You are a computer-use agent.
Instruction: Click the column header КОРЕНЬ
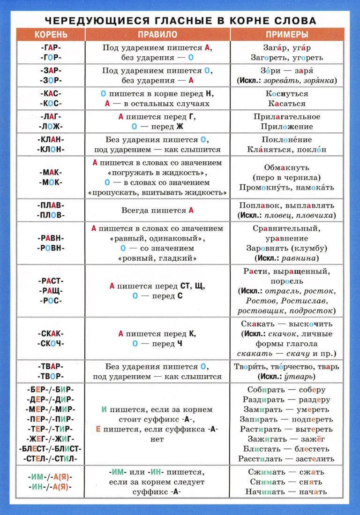pos(51,35)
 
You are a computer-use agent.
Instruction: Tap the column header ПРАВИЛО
pos(157,35)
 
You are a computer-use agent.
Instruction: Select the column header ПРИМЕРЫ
pos(287,35)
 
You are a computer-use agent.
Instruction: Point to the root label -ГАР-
pos(51,47)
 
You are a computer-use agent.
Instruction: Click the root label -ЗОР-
pos(51,80)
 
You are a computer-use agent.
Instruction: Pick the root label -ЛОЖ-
pos(51,126)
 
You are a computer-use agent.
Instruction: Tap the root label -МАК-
pos(51,172)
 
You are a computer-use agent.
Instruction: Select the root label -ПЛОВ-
pos(51,215)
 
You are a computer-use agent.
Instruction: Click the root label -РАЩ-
pos(51,291)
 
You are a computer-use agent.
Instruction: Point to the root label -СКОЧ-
pos(51,343)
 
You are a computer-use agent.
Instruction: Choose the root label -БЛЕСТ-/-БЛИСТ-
pos(51,448)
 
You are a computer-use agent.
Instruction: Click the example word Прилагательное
pos(287,116)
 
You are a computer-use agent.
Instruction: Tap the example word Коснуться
pos(287,93)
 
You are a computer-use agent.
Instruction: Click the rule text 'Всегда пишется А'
pos(157,211)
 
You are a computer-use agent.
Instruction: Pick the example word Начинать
pos(269,492)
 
